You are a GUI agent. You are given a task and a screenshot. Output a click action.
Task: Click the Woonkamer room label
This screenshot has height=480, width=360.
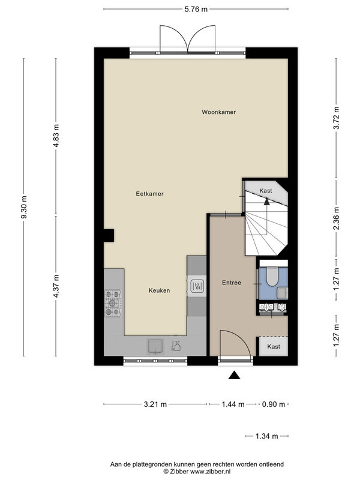pos(218,112)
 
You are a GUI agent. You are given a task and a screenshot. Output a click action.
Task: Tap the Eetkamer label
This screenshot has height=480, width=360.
pos(149,194)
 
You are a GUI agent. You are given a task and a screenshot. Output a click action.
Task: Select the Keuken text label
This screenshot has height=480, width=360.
pos(159,290)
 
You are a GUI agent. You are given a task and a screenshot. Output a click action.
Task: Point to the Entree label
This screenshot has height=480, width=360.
pos(232,283)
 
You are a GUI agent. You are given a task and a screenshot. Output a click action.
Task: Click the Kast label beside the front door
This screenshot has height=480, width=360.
pos(274,347)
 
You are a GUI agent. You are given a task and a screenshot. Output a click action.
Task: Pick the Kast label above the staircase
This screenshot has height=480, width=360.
pos(265,191)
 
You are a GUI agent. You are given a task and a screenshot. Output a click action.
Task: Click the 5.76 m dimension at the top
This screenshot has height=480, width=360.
pos(196,9)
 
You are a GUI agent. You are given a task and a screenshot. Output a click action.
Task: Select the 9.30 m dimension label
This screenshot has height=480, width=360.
pos(24,207)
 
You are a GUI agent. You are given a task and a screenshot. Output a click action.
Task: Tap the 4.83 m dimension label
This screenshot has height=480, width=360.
pos(56,136)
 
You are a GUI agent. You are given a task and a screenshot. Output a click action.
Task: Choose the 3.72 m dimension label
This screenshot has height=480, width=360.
pos(337,118)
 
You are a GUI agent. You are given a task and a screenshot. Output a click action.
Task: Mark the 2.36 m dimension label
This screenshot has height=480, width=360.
pos(337,218)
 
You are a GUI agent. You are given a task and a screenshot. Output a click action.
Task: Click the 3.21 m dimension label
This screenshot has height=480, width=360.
pos(155,404)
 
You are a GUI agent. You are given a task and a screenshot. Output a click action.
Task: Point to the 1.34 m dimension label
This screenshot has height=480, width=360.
pos(266,436)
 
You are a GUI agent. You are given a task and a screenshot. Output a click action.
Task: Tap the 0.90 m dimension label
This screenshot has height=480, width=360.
pos(274,404)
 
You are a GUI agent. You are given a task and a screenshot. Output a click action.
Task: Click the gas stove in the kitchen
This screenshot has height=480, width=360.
pos(113,304)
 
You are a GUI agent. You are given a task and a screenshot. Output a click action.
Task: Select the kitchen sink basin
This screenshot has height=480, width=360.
pos(155,347)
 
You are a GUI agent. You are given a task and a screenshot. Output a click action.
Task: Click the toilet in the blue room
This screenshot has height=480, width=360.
pos(272,277)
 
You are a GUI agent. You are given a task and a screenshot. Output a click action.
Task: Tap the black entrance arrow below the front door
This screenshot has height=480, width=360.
pos(234,375)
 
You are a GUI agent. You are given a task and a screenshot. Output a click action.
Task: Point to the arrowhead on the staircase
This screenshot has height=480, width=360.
pos(267,201)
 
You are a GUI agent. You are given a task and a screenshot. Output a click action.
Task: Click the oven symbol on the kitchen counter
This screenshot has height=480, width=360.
pos(197,287)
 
